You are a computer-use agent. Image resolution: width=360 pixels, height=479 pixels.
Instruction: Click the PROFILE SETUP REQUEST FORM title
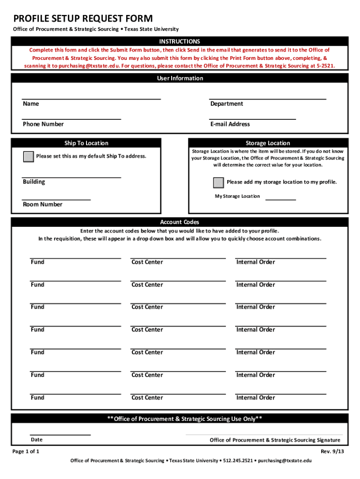click(83, 19)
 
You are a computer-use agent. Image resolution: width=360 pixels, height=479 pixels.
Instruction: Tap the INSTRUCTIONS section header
click(180, 42)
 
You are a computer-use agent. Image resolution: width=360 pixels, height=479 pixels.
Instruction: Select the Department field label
click(226, 104)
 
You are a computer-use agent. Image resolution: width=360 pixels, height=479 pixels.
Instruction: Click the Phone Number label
click(43, 124)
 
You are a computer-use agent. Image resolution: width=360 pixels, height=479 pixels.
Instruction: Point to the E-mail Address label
click(230, 124)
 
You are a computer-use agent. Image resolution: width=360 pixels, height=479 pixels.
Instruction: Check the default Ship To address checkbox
click(29, 157)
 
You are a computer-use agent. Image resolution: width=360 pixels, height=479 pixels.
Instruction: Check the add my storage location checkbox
click(218, 182)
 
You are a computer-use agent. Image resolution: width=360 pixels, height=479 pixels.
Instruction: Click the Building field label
click(34, 182)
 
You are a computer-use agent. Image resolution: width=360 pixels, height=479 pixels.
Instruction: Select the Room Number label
click(42, 204)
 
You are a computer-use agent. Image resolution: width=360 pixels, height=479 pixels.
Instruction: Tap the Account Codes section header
click(180, 222)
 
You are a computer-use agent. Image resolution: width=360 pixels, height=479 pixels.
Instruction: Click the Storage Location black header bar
click(268, 143)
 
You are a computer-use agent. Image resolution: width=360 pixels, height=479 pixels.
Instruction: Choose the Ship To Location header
click(86, 143)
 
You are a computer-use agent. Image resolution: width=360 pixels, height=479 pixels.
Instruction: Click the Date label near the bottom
click(36, 440)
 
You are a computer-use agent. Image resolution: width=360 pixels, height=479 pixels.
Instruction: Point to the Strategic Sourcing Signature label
click(275, 440)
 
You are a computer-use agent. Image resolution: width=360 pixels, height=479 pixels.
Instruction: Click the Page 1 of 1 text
click(26, 451)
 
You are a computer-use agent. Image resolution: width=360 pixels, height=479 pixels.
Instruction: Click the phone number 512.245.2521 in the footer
click(238, 461)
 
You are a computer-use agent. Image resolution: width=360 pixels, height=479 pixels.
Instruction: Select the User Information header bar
click(180, 79)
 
